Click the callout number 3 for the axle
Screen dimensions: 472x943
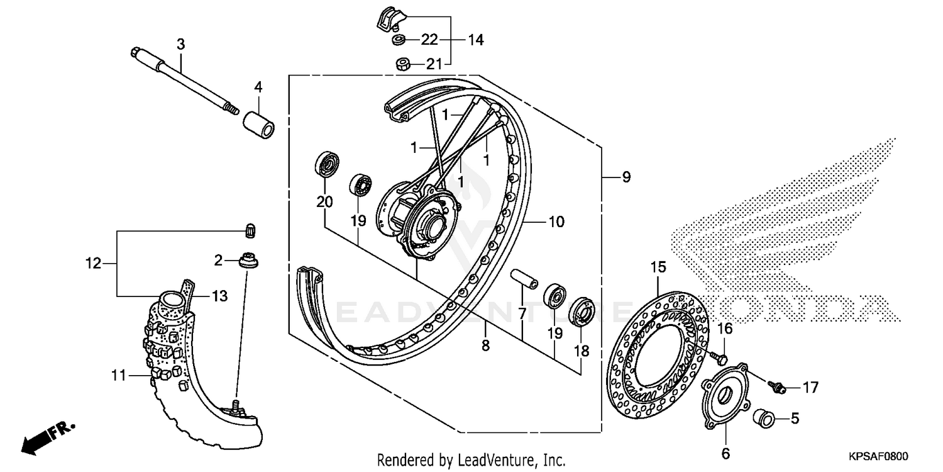point(180,44)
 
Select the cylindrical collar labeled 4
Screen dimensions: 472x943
point(259,123)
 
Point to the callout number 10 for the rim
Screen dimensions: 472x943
point(556,222)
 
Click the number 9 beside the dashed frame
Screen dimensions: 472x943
point(626,177)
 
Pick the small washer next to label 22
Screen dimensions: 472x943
point(397,40)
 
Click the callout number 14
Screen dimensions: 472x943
point(475,40)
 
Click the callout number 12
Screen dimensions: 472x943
point(94,264)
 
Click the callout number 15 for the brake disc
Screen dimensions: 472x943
point(658,267)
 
